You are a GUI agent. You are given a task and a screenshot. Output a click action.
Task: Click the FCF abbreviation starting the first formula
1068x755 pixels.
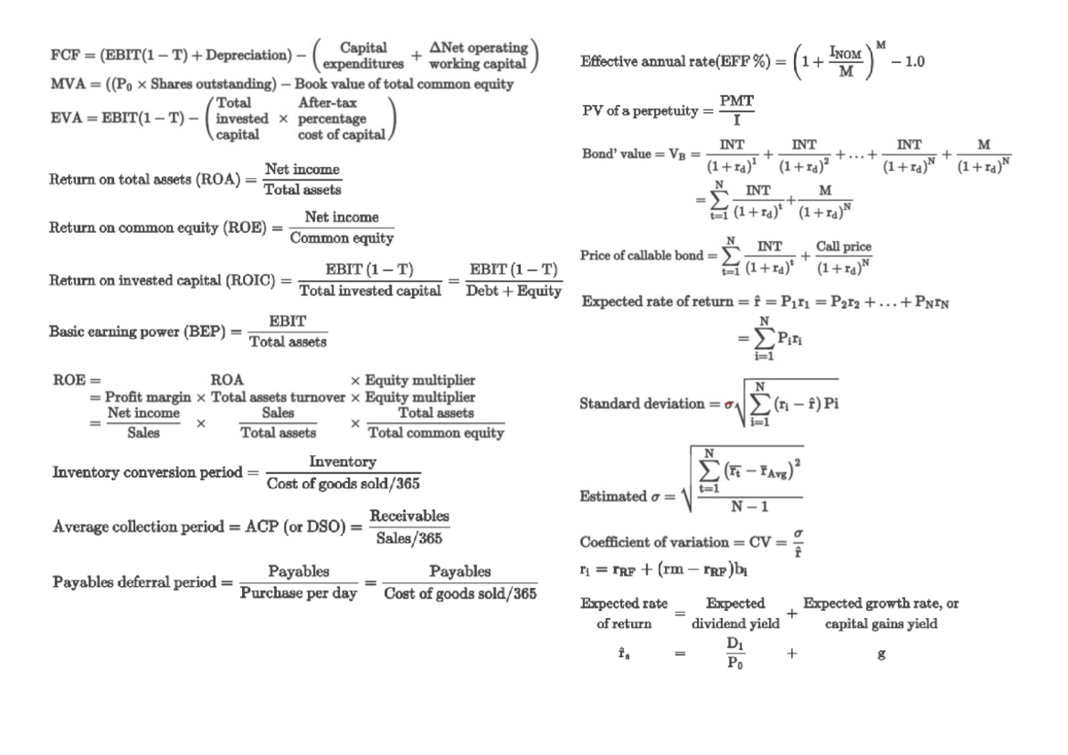point(64,54)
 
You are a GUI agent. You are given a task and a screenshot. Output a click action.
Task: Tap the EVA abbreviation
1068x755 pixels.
point(65,118)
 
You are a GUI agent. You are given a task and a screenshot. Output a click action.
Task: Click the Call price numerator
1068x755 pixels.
point(844,246)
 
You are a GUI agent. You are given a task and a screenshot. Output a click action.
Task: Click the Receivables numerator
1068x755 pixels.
point(409,517)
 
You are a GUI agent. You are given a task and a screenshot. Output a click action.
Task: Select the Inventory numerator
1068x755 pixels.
point(343,462)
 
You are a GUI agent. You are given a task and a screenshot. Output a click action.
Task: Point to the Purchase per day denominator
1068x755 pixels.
point(297,594)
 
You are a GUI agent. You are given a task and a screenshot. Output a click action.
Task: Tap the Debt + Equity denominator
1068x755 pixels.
point(514,291)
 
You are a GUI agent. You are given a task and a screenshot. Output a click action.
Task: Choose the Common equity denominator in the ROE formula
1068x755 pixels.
point(342,238)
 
